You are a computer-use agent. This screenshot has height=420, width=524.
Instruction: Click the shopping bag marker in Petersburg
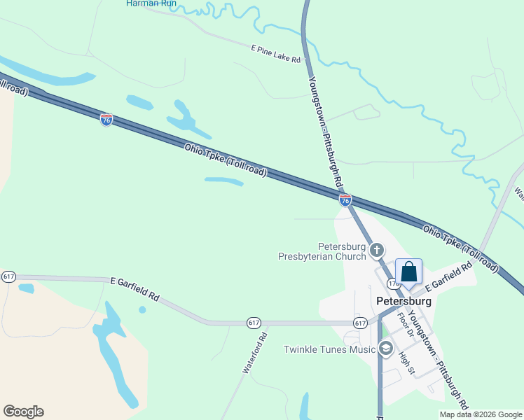pyautogui.click(x=409, y=272)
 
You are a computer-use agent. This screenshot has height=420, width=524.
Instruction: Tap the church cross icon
pyautogui.click(x=377, y=250)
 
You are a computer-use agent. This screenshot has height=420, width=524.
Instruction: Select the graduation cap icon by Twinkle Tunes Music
pyautogui.click(x=385, y=348)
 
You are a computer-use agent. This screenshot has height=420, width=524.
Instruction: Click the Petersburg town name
pyautogui.click(x=403, y=300)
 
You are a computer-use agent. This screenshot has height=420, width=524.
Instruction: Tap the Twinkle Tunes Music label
pyautogui.click(x=330, y=349)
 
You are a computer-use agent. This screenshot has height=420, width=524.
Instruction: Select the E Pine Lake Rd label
pyautogui.click(x=275, y=54)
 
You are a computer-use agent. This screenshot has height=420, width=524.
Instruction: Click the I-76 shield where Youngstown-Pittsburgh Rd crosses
pyautogui.click(x=345, y=200)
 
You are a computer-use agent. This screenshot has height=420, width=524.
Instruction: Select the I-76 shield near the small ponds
pyautogui.click(x=106, y=120)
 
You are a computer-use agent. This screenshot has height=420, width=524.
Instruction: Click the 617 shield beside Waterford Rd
pyautogui.click(x=254, y=322)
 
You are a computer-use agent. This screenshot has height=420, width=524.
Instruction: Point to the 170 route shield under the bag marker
pyautogui.click(x=394, y=284)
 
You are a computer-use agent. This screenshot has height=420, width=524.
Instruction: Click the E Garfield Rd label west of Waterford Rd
pyautogui.click(x=135, y=288)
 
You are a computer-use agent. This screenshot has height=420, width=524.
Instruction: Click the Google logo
pyautogui.click(x=23, y=412)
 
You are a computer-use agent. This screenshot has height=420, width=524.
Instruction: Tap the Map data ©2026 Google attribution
pyautogui.click(x=481, y=414)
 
